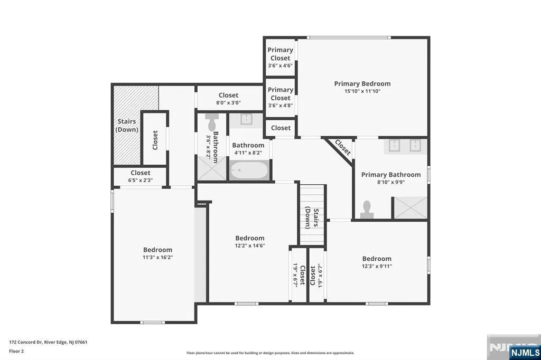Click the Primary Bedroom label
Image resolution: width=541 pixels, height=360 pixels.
point(362,83)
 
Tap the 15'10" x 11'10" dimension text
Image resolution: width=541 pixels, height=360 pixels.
point(362,91)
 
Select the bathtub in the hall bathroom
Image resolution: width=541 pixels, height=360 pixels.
point(249,170)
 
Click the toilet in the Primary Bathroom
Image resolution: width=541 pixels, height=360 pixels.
point(367,210)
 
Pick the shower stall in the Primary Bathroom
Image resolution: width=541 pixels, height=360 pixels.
point(411,207)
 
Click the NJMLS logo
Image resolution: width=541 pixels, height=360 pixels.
point(525,352)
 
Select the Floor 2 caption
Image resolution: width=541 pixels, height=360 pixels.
point(16,351)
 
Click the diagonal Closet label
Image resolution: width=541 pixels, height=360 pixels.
point(342,148)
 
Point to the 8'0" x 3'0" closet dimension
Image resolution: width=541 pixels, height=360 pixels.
point(228,103)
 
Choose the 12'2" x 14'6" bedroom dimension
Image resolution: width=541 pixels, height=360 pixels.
point(250,246)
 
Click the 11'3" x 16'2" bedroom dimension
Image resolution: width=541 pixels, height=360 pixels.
point(157,257)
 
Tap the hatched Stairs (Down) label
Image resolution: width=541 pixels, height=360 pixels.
point(127,126)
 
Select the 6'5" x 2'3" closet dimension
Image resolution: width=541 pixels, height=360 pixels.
point(141,181)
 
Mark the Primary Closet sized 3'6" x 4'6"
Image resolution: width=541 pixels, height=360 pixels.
point(280,57)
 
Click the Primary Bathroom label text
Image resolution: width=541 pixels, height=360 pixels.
point(391,175)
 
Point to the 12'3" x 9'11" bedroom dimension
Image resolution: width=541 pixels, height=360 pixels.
point(377,266)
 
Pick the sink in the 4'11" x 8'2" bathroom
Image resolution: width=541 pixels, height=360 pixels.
point(246,119)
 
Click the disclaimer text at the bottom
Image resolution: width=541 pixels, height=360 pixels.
point(270,353)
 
